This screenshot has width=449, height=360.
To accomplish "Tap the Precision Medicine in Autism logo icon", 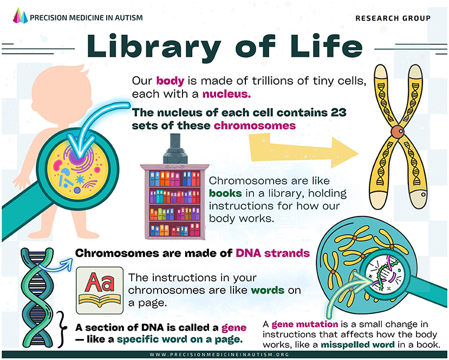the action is coord(19,17).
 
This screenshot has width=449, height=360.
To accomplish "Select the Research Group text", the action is coord(393,18).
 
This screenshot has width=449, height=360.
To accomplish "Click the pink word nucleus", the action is coord(227,94).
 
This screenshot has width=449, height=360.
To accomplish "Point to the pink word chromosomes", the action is coord(255,126).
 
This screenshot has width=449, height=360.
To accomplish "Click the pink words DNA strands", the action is coord(272,253).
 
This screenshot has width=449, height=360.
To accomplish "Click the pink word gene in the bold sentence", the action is coord(234,328).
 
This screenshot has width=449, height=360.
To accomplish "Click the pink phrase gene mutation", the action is coord(301,324).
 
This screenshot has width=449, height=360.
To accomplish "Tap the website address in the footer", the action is coord(224,355).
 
